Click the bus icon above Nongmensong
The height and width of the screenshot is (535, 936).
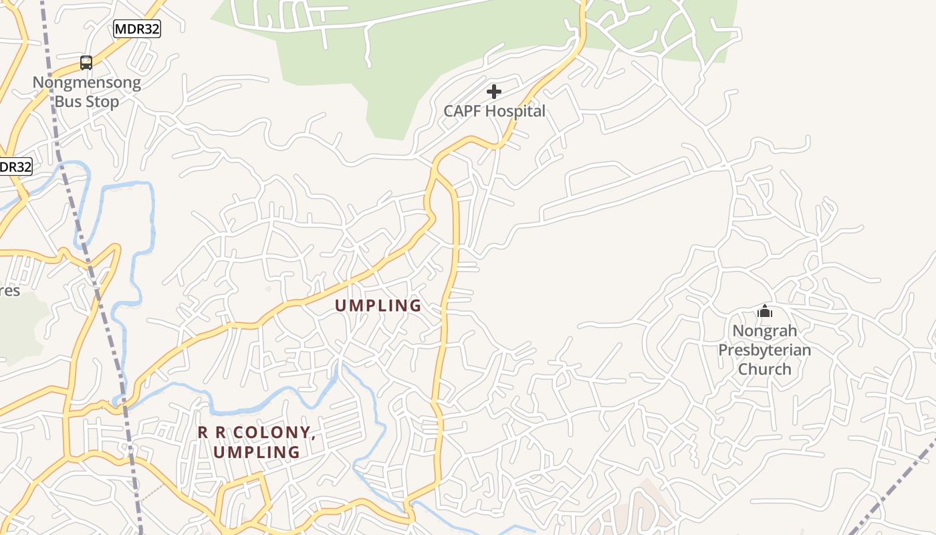86,63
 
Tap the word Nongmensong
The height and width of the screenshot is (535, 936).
87,83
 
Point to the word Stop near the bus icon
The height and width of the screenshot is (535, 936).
102,102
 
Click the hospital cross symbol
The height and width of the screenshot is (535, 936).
494,91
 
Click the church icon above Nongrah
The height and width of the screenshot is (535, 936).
765,311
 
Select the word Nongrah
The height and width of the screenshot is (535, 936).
765,330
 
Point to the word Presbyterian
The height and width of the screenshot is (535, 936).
765,350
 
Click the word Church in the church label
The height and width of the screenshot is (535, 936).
765,369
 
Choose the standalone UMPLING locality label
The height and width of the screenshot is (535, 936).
378,306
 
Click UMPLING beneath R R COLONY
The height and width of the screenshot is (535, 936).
257,452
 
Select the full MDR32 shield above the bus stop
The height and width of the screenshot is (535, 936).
137,29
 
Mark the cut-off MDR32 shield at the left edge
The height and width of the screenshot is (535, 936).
15,167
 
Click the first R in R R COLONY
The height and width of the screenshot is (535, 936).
203,433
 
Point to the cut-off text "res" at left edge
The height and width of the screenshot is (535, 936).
10,292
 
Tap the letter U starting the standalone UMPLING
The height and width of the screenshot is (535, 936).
340,306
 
